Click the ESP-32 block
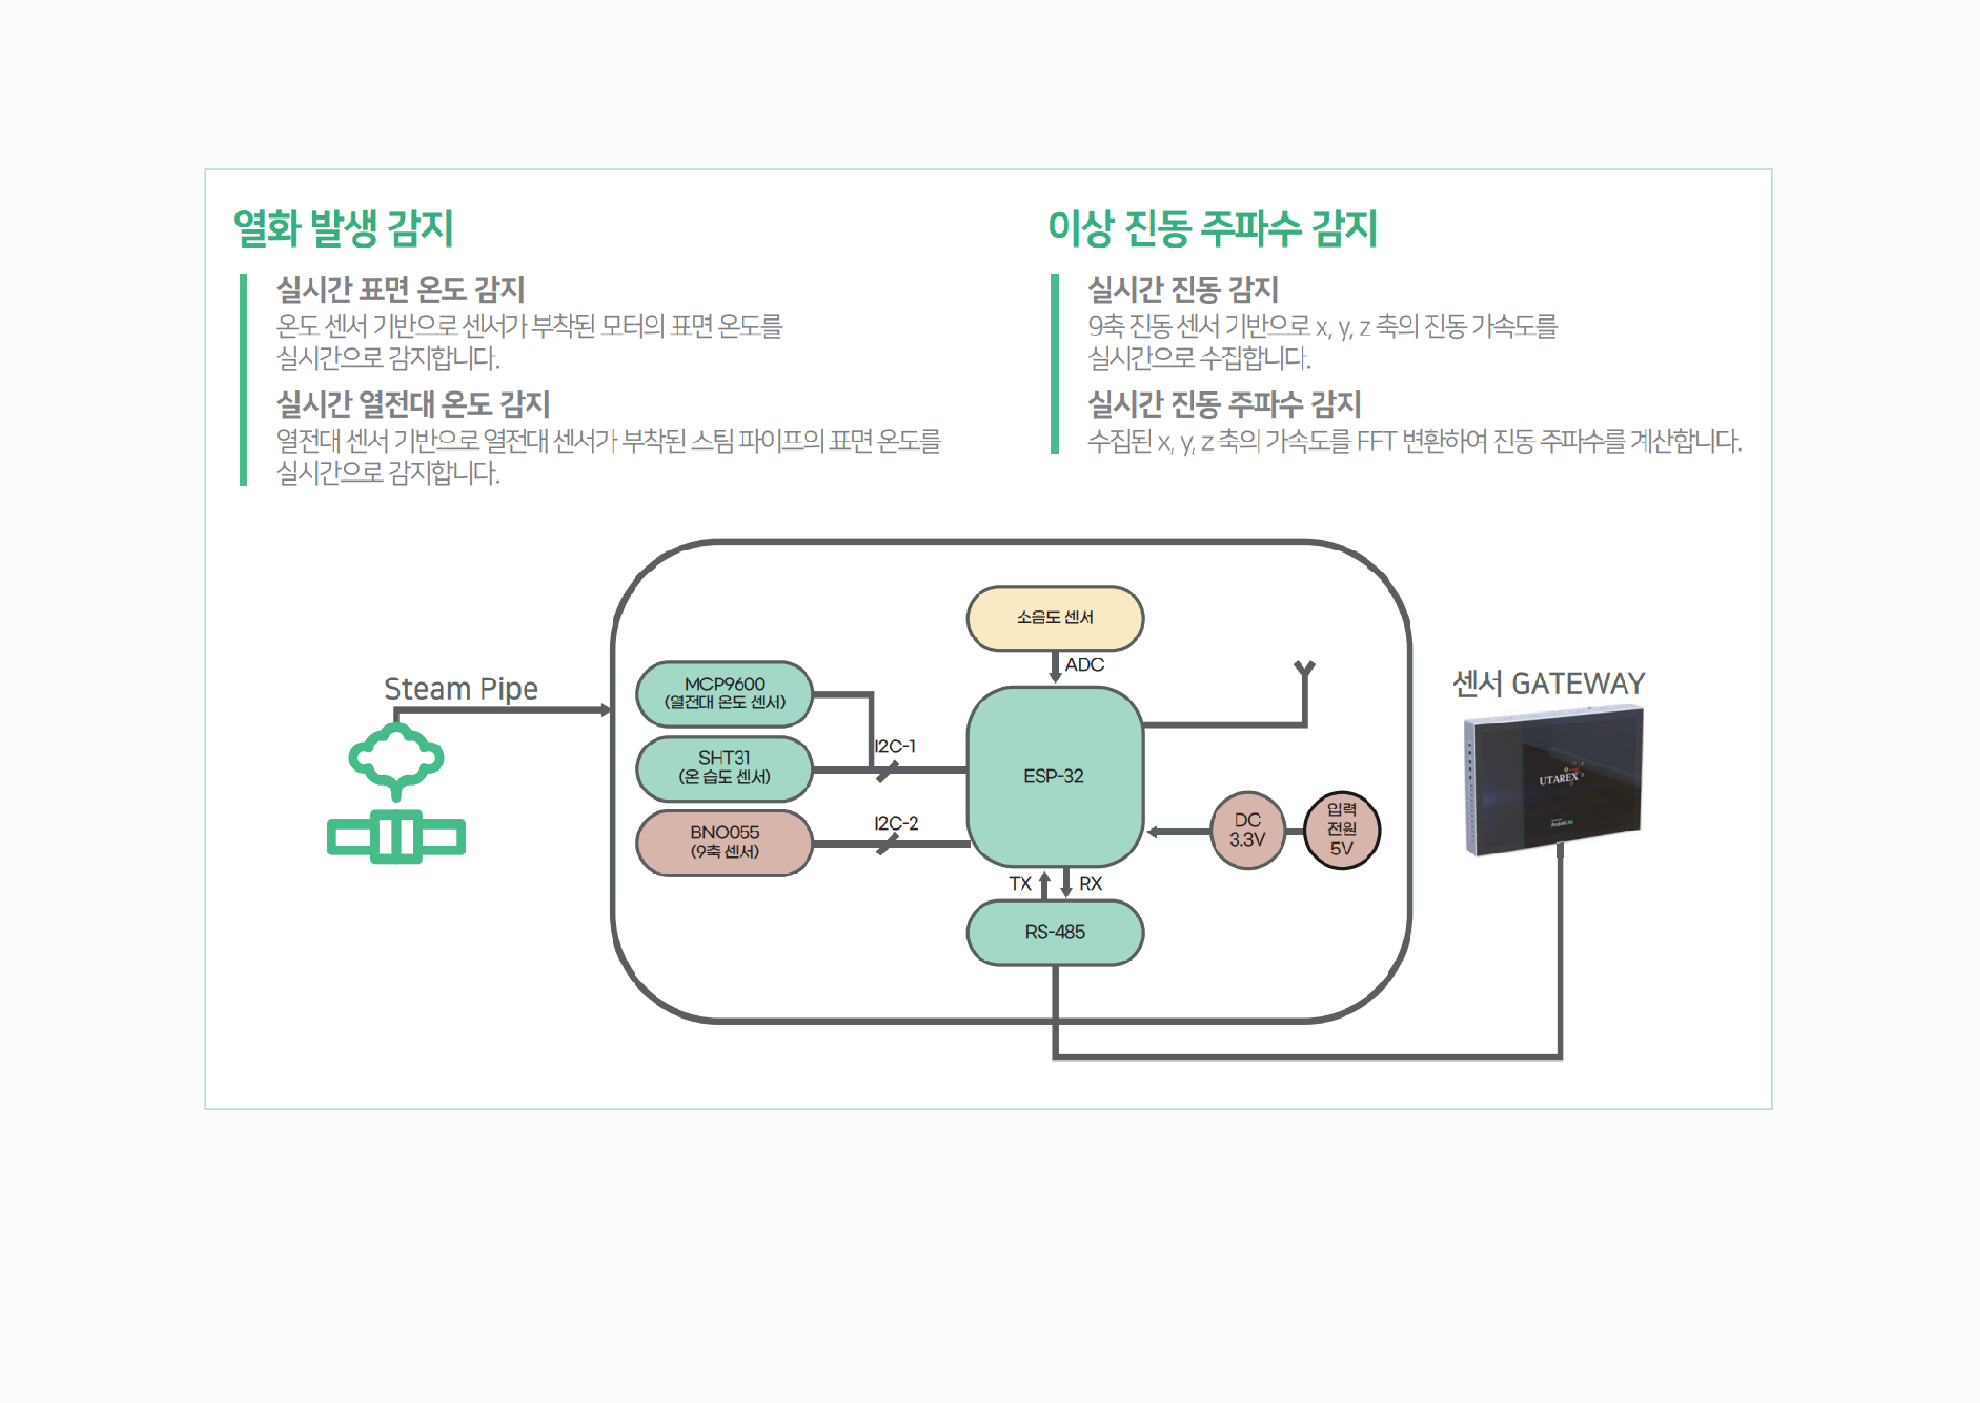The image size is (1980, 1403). (x=1054, y=776)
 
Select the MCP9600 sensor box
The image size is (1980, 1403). (x=724, y=693)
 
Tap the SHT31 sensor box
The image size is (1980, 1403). (x=724, y=767)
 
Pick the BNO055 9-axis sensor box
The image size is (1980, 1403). (x=724, y=842)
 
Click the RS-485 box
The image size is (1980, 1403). (x=1054, y=932)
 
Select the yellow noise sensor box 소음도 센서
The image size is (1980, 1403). (x=1054, y=617)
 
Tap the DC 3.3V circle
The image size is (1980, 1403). (x=1247, y=830)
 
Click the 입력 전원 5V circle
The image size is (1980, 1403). (x=1342, y=830)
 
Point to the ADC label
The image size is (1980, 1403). (x=1085, y=665)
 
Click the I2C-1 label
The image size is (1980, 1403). (x=894, y=746)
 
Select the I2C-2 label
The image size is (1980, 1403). (x=896, y=823)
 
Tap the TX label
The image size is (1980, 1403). (x=1021, y=884)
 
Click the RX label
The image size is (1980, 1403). (x=1090, y=884)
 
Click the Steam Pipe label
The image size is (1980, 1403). (x=461, y=688)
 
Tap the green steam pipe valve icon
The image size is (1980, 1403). (x=397, y=793)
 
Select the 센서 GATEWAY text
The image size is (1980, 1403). (x=1548, y=683)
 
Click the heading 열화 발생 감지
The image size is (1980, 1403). (x=343, y=228)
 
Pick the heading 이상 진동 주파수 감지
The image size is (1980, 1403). (x=1213, y=228)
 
